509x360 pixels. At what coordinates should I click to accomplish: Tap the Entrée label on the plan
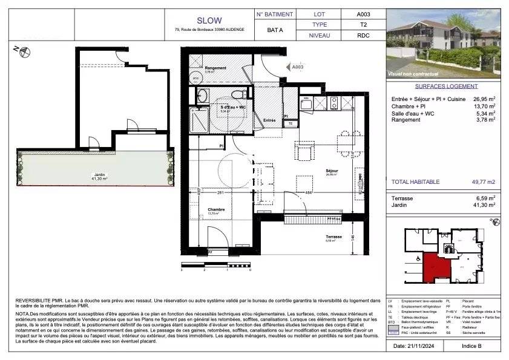[x=269, y=120]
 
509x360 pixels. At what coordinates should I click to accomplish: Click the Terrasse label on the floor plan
[x=334, y=237]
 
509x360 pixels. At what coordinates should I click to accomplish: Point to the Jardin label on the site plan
[x=99, y=175]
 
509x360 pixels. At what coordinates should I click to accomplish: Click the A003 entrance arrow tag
[x=297, y=68]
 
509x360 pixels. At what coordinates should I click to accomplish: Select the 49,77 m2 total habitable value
[x=482, y=182]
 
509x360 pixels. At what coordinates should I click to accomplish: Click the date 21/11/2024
[x=417, y=346]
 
